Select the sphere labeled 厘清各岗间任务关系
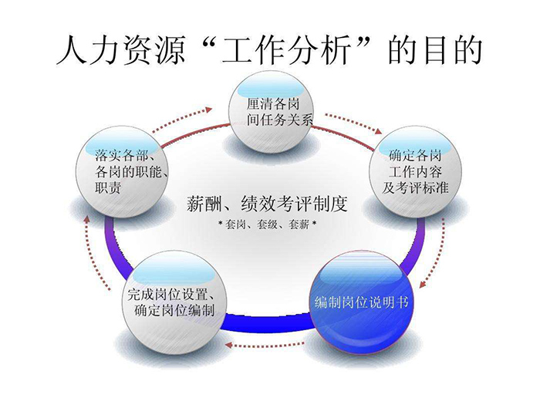coord(272,112)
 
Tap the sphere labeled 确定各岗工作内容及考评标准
coord(415,172)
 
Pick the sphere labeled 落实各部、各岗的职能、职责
coord(122,172)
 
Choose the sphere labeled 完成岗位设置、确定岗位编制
coord(174,303)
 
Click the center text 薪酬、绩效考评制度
coord(267,204)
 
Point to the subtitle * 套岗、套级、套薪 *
coord(268,224)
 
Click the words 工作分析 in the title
coord(285,50)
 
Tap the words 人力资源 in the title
coord(121,50)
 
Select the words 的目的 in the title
coord(435,50)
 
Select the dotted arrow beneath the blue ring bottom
coord(265,345)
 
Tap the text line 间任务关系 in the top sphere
coord(279,120)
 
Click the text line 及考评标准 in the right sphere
coord(415,187)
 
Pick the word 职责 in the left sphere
coord(108,188)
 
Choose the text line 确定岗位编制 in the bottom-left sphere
coord(174,310)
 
